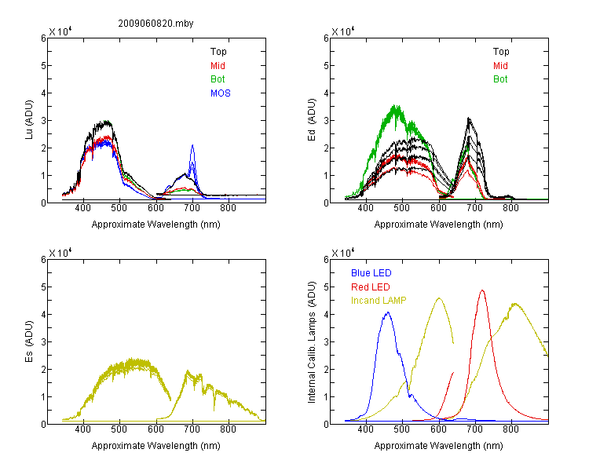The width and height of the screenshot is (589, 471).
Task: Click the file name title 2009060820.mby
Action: coord(155,24)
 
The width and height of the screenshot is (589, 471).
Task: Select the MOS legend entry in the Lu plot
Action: coord(221,93)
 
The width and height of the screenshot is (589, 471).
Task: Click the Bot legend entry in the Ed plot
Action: coord(500,79)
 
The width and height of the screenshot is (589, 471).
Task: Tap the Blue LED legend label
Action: coord(371,273)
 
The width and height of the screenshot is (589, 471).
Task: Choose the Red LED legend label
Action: coord(371,287)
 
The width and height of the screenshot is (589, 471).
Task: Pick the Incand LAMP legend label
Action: coord(379,301)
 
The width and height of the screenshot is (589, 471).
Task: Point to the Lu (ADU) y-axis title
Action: coord(29,120)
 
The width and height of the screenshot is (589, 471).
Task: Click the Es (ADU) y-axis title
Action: coord(29,341)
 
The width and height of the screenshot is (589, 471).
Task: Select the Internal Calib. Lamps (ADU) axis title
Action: coord(312,342)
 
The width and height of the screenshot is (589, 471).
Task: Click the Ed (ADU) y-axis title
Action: coord(312,120)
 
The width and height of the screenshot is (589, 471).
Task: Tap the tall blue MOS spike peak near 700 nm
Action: coord(192,145)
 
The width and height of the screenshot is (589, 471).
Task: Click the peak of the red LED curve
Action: coord(482,290)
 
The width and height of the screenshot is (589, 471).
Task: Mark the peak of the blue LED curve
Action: coord(388,312)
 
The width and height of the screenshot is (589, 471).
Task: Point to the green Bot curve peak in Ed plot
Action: coord(395,105)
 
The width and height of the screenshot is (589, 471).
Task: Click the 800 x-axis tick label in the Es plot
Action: coord(228,429)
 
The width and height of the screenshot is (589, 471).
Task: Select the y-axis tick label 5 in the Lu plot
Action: coord(43,66)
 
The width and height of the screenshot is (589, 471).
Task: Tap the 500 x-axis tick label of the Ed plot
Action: coord(402,208)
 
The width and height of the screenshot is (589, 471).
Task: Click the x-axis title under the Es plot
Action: coord(156,446)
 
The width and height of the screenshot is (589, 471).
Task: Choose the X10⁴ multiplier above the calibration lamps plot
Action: coord(343,253)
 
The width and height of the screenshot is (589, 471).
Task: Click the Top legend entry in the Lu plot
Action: coord(218,52)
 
